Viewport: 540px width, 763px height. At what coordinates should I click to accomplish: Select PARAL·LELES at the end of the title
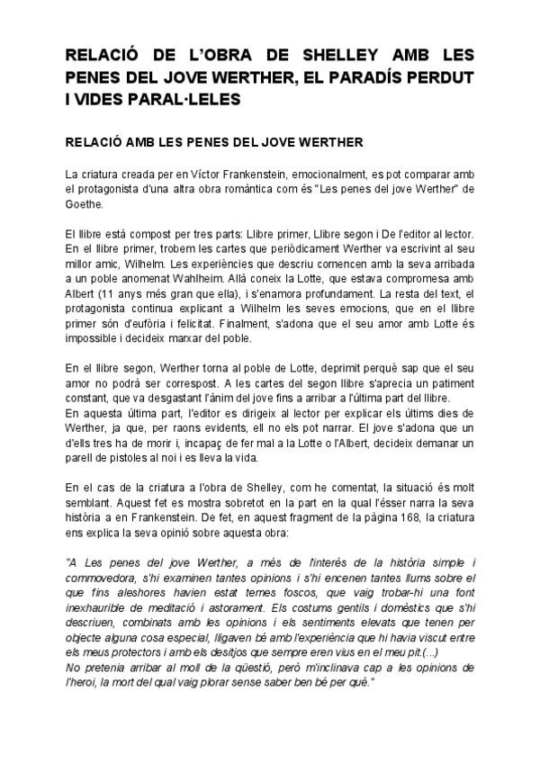pyautogui.click(x=192, y=100)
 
